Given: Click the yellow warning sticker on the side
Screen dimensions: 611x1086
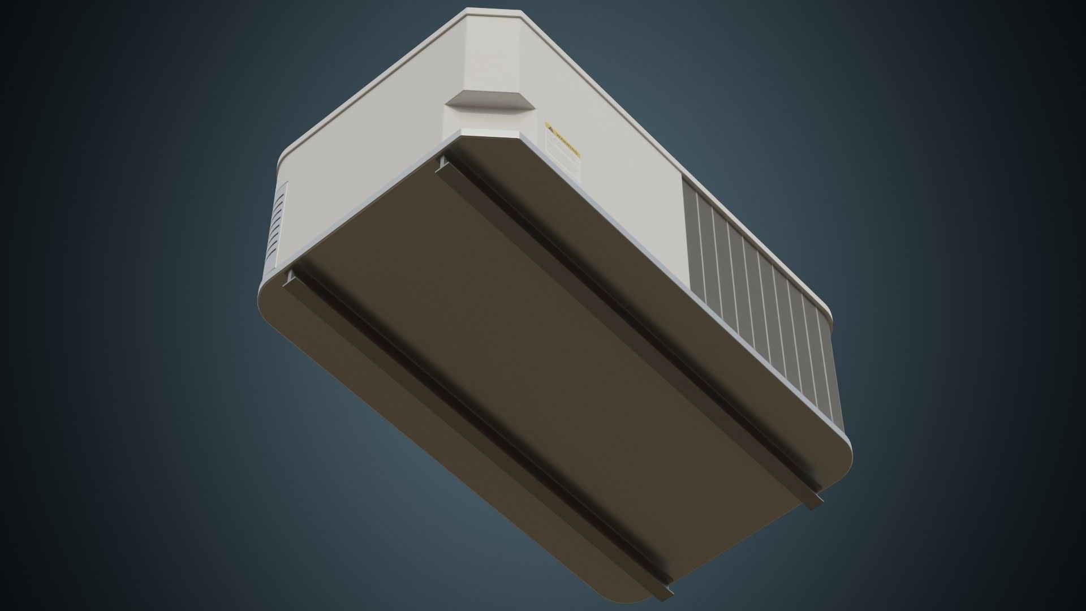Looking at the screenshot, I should (x=563, y=149).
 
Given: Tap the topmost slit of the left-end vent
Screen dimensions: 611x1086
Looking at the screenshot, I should (x=282, y=193).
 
